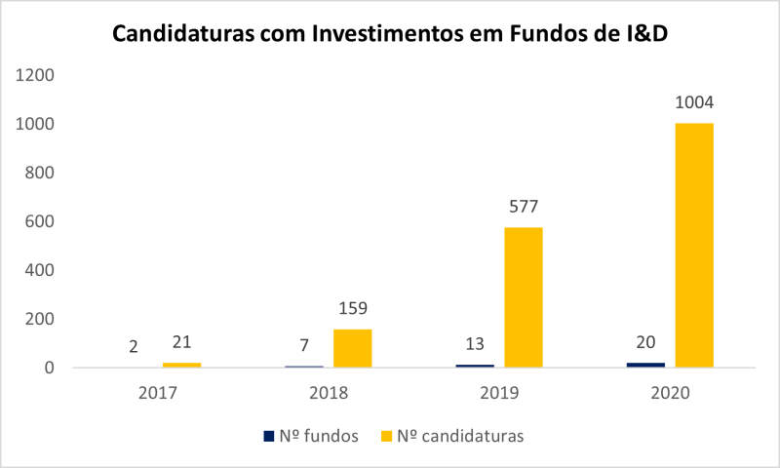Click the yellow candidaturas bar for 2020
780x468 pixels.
click(693, 245)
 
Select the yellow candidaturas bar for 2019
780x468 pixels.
click(523, 297)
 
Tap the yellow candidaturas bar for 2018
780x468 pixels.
click(352, 348)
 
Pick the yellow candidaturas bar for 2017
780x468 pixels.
click(181, 365)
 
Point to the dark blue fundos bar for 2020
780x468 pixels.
click(645, 365)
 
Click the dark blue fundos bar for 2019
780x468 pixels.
click(475, 366)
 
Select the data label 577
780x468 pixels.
click(523, 207)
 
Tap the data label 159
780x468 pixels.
click(352, 309)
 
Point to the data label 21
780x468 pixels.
click(181, 343)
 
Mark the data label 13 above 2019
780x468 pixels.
click(475, 344)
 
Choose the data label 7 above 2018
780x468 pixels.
click(304, 345)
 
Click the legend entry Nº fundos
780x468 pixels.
click(311, 436)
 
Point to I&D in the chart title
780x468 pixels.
click(644, 33)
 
